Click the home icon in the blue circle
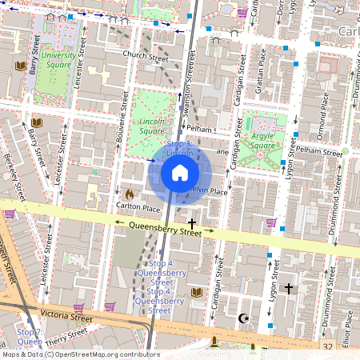180,172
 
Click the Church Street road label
145,56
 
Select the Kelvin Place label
210,192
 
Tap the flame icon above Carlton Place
129,193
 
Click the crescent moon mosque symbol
245,318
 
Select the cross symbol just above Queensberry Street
191,222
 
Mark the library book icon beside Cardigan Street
197,292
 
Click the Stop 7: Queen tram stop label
30,336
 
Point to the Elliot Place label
346,328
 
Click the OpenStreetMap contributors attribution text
104,354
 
